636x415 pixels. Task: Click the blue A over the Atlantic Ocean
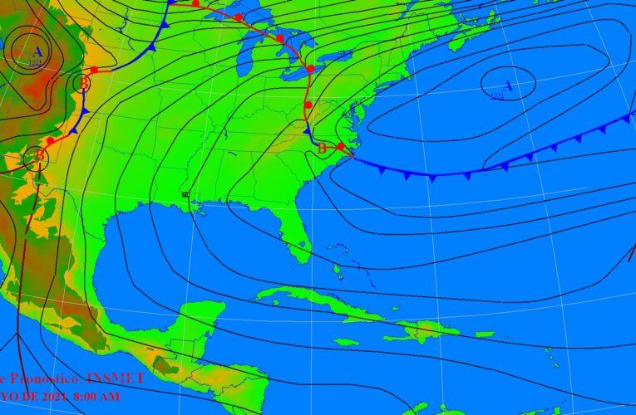point(508,84)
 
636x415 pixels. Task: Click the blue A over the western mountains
point(37,52)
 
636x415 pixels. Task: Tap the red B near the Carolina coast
point(323,148)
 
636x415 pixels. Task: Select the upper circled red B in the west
point(81,82)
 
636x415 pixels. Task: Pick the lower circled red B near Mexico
point(37,155)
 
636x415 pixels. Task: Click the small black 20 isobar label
point(185,195)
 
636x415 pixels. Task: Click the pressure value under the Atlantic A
point(497,95)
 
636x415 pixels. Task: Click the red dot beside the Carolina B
point(340,146)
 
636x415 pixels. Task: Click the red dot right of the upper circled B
point(93,70)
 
